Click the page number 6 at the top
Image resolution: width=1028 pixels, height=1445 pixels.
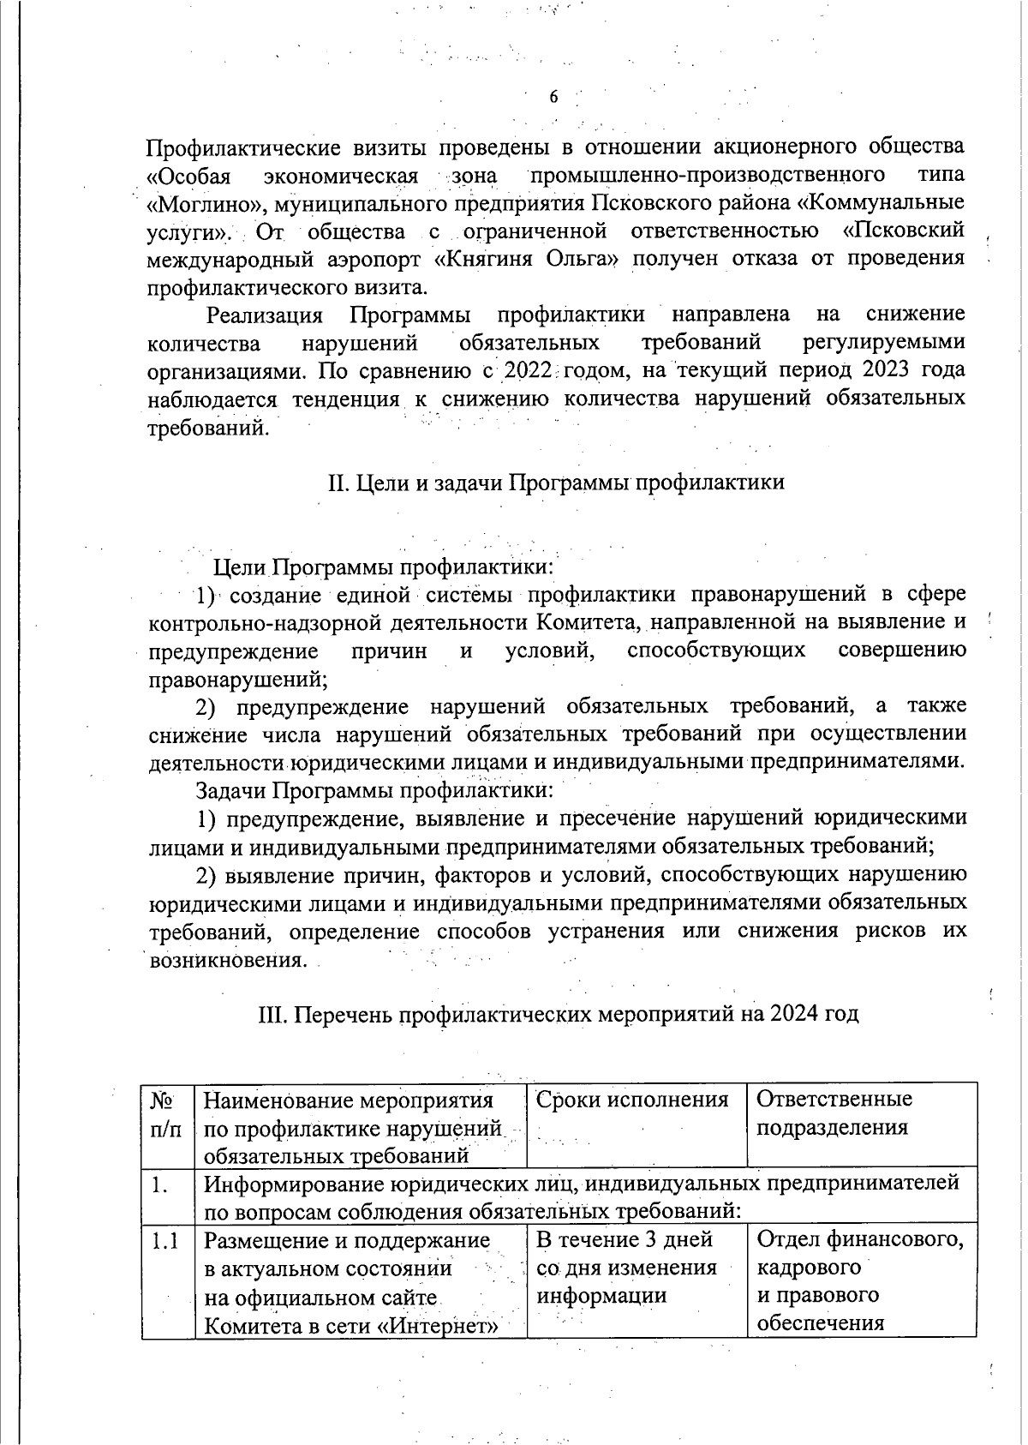coord(553,97)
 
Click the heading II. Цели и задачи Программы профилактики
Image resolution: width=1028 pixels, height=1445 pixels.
coord(556,483)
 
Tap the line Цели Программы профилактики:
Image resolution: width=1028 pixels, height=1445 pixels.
coord(384,567)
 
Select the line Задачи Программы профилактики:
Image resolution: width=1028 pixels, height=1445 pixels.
coord(374,789)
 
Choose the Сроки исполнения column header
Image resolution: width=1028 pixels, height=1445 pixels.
coord(632,1100)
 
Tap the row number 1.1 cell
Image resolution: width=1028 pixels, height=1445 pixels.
coord(164,1240)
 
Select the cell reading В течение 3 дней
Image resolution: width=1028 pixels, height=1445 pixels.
coord(625,1239)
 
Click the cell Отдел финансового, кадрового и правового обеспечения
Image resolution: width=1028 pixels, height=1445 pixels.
coord(859,1280)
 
